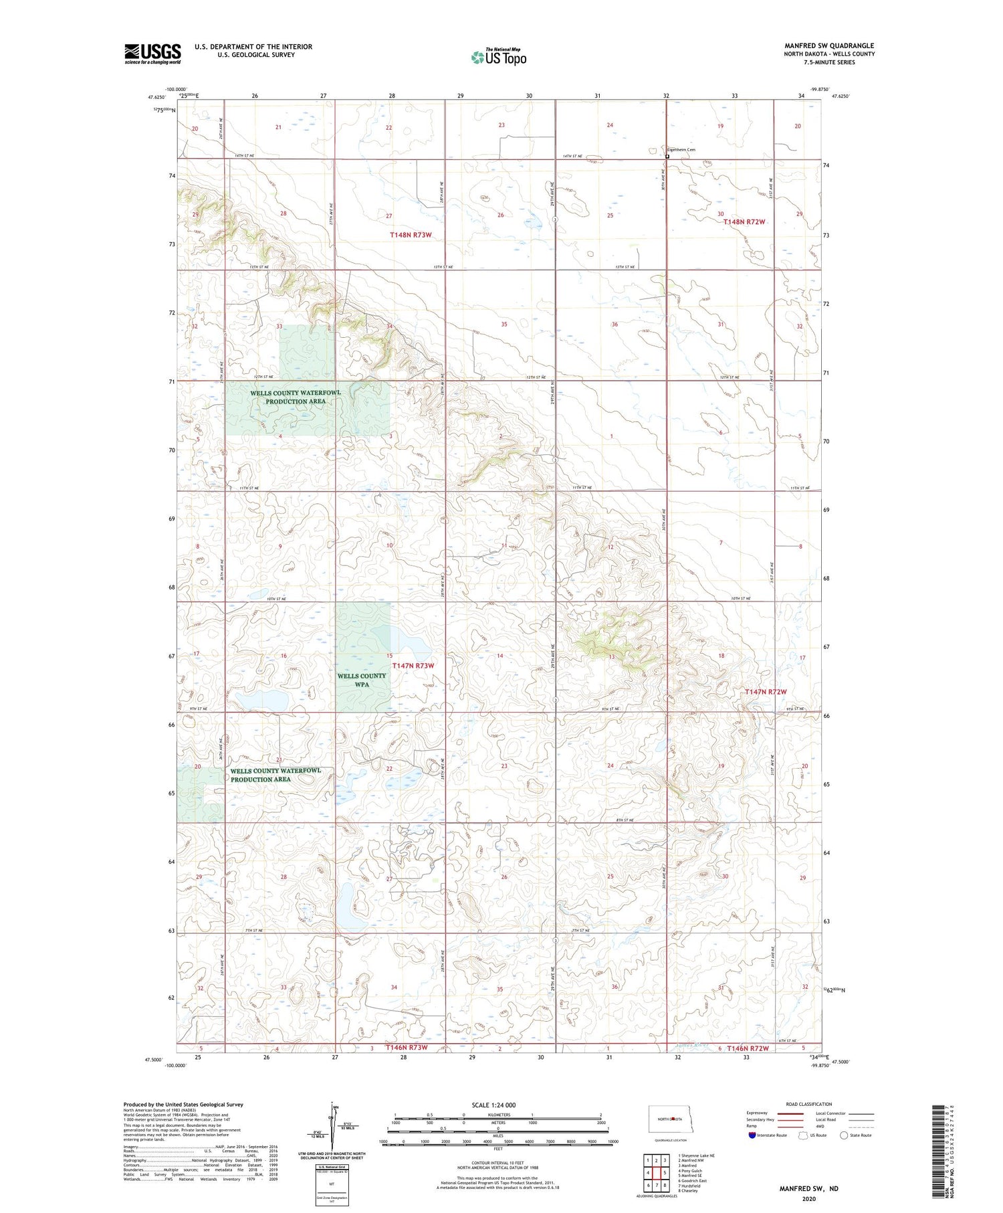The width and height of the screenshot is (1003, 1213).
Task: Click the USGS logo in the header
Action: click(x=152, y=54)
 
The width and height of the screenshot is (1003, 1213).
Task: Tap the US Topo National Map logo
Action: click(x=498, y=57)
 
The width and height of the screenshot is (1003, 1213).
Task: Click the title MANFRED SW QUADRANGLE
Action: click(x=829, y=45)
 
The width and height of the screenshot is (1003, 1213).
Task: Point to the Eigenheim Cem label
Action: click(x=681, y=150)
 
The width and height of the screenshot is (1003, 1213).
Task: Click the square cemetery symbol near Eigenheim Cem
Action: click(x=667, y=157)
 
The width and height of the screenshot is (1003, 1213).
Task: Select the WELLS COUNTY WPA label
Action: click(x=362, y=680)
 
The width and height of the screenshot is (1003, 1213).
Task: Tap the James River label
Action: click(x=691, y=1045)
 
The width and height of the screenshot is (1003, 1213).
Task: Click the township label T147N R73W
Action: click(x=413, y=666)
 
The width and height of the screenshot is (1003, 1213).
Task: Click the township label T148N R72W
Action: click(x=744, y=221)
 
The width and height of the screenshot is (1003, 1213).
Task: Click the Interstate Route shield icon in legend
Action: click(x=752, y=1135)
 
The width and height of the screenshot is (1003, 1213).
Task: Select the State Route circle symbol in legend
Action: click(x=844, y=1135)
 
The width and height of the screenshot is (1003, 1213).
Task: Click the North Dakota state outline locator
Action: click(x=671, y=1119)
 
